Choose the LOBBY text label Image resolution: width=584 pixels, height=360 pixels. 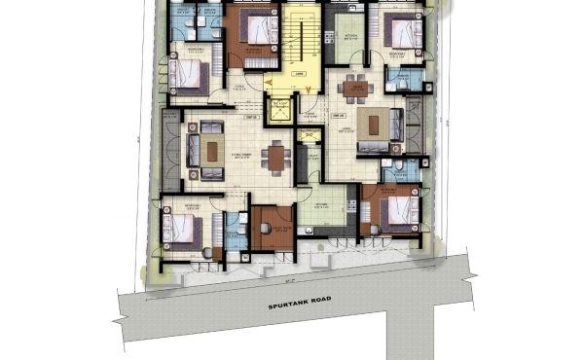[x=301, y=73]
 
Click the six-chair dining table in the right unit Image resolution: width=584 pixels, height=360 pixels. [x=356, y=88]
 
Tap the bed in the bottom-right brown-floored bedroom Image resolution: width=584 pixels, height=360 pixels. [x=396, y=210]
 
